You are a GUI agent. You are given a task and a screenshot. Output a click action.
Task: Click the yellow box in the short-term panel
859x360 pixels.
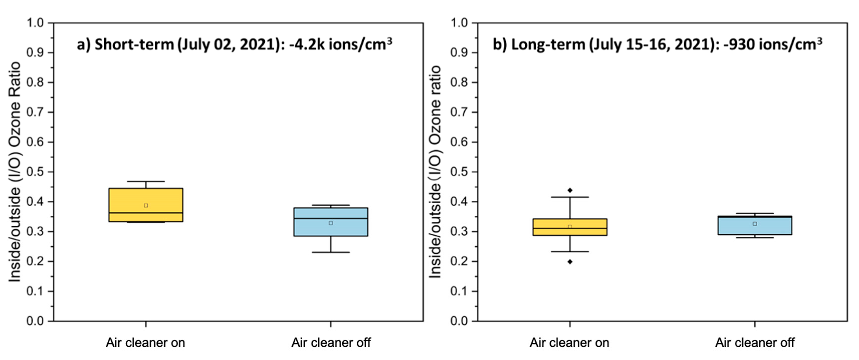pyautogui.click(x=146, y=197)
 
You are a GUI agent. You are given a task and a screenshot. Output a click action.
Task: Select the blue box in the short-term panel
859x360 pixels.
pyautogui.click(x=331, y=230)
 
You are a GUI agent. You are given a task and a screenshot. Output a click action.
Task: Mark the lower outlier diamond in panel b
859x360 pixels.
pyautogui.click(x=570, y=262)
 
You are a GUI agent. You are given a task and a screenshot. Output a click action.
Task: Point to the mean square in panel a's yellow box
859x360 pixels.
pyautogui.click(x=146, y=205)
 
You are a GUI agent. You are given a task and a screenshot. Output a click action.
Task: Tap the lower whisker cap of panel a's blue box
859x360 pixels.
pyautogui.click(x=331, y=252)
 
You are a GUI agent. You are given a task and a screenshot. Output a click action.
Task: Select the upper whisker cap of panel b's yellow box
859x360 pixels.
pyautogui.click(x=570, y=197)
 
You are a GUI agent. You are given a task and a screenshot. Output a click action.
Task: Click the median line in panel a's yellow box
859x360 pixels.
pyautogui.click(x=146, y=213)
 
